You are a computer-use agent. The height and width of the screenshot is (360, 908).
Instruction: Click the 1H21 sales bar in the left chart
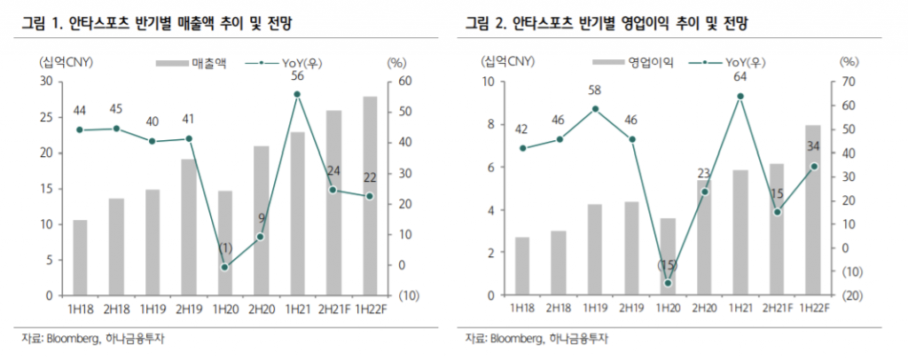(x=297, y=214)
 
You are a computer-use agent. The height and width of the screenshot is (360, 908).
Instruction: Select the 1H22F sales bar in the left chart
(x=369, y=196)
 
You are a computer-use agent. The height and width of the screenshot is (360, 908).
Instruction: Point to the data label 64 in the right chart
(x=740, y=76)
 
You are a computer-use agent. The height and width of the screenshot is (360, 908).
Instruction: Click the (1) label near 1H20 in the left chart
(x=224, y=247)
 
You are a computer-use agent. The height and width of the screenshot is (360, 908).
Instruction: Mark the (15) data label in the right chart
(x=667, y=265)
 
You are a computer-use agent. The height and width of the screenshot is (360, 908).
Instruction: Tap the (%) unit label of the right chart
(x=849, y=62)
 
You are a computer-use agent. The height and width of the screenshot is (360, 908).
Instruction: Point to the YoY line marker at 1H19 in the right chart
(x=595, y=109)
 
